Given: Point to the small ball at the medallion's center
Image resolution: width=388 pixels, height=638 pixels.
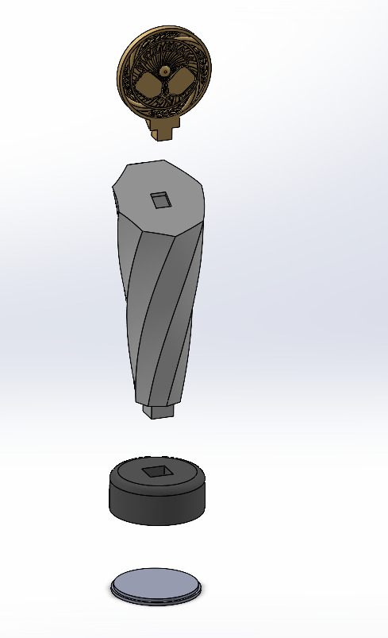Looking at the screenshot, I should (163, 72).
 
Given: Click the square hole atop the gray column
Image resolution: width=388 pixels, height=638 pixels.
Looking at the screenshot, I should (162, 199).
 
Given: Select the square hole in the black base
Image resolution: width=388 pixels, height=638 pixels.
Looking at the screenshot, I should (157, 472).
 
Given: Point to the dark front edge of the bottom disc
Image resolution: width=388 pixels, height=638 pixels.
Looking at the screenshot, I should (156, 599).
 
